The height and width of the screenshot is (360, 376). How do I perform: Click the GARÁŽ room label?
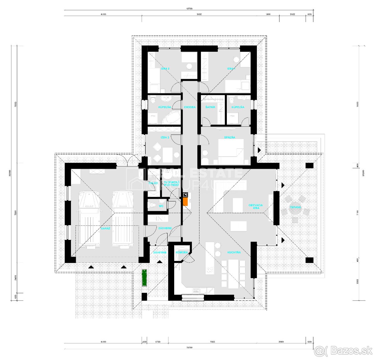point(105,228)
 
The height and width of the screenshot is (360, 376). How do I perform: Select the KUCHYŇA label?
point(234,252)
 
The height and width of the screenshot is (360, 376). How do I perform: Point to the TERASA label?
point(295,207)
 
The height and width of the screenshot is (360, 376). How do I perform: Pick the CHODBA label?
point(190,107)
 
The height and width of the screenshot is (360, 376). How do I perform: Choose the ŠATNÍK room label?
point(210,107)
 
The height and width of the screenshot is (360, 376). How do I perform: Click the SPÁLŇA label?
point(229,137)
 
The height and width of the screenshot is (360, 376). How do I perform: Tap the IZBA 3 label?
point(165,137)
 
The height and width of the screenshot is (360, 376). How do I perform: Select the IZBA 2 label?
point(165,68)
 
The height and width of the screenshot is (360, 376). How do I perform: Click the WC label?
point(161,206)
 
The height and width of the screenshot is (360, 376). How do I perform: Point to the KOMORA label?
point(182,252)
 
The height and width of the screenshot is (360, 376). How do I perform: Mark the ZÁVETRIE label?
point(159,252)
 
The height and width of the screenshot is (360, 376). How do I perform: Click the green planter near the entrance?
point(144,278)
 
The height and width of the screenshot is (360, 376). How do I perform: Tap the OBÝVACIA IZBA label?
point(256,207)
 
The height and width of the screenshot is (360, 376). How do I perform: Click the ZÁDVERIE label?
point(165,228)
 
